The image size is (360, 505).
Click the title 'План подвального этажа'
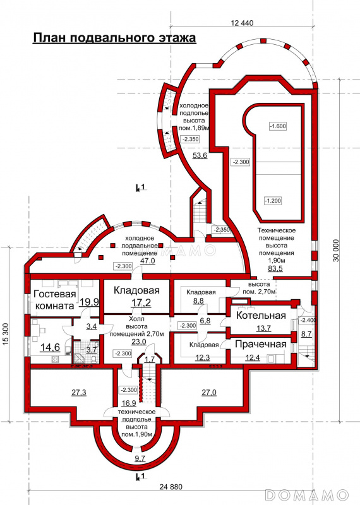point(114,38)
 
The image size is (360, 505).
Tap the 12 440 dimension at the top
point(243,23)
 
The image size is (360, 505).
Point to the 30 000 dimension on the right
point(336,250)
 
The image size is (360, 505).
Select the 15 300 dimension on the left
point(6,334)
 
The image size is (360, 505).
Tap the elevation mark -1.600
point(278,126)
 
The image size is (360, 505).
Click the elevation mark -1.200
point(273,201)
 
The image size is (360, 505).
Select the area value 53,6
point(200,156)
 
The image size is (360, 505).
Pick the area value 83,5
point(275,268)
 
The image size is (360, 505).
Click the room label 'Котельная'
point(261,315)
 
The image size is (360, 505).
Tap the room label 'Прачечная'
point(261,344)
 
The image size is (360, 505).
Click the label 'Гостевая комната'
point(55,299)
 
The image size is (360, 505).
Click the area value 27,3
point(79,393)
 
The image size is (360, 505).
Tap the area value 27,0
point(209,393)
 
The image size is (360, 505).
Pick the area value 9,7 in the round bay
point(140,458)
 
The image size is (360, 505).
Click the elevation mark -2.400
point(308,320)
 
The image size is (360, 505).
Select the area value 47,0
point(147,261)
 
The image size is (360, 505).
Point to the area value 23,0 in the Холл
point(139,342)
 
